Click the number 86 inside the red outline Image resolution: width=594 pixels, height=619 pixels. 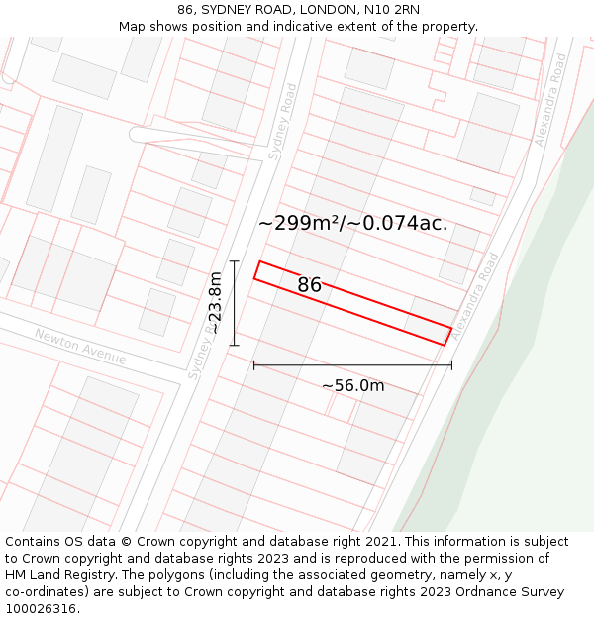pos(309,285)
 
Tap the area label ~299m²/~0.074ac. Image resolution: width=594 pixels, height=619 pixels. pos(352,223)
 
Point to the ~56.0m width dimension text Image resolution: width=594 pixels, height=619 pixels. pos(352,385)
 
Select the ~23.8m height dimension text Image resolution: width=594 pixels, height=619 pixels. pos(214,303)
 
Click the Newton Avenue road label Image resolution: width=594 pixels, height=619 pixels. pos(80,346)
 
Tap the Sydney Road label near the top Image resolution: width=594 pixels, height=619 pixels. pos(283,121)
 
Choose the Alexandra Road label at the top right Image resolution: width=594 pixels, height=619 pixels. pos(551,100)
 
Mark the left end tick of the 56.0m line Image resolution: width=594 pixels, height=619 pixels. pos(254,365)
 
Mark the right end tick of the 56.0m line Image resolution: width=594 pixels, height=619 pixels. pos(451,365)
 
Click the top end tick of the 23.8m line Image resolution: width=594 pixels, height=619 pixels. pos(235,261)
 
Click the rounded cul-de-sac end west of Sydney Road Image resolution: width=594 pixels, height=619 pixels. pos(139,135)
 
